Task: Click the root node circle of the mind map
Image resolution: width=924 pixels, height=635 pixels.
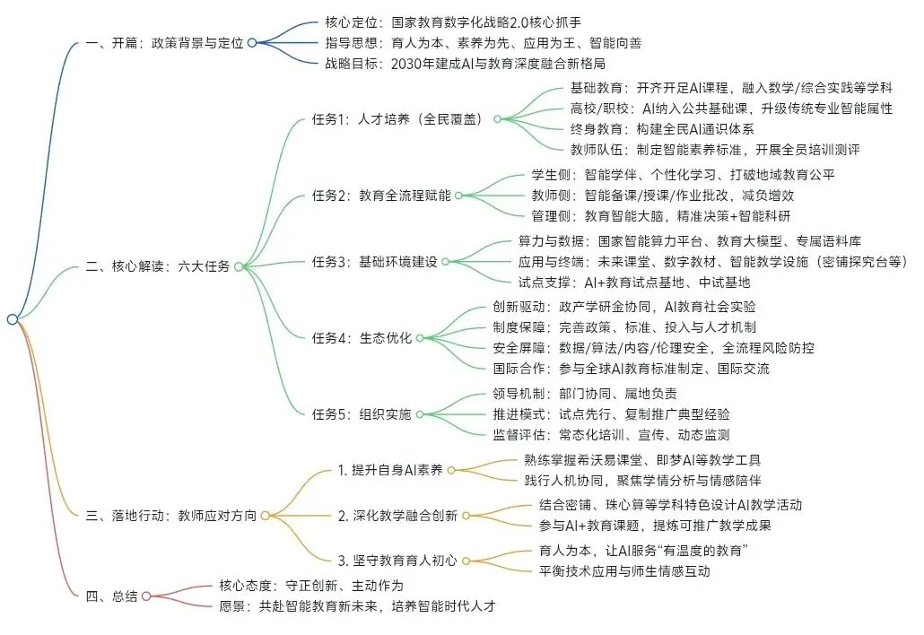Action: pyautogui.click(x=12, y=319)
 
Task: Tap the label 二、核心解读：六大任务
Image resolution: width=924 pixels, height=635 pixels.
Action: pyautogui.click(x=158, y=266)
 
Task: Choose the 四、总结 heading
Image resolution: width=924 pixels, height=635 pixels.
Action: pyautogui.click(x=111, y=596)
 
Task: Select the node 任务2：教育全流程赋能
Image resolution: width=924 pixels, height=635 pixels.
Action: pyautogui.click(x=381, y=195)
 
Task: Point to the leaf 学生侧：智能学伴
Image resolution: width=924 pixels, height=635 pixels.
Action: pyautogui.click(x=683, y=174)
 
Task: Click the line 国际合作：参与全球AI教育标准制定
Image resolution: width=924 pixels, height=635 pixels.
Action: pyautogui.click(x=631, y=368)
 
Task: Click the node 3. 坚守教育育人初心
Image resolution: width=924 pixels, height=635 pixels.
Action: pyautogui.click(x=397, y=561)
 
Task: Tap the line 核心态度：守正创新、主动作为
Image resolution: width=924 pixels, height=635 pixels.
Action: pyautogui.click(x=310, y=585)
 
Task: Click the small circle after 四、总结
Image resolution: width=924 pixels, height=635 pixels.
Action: pyautogui.click(x=147, y=596)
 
